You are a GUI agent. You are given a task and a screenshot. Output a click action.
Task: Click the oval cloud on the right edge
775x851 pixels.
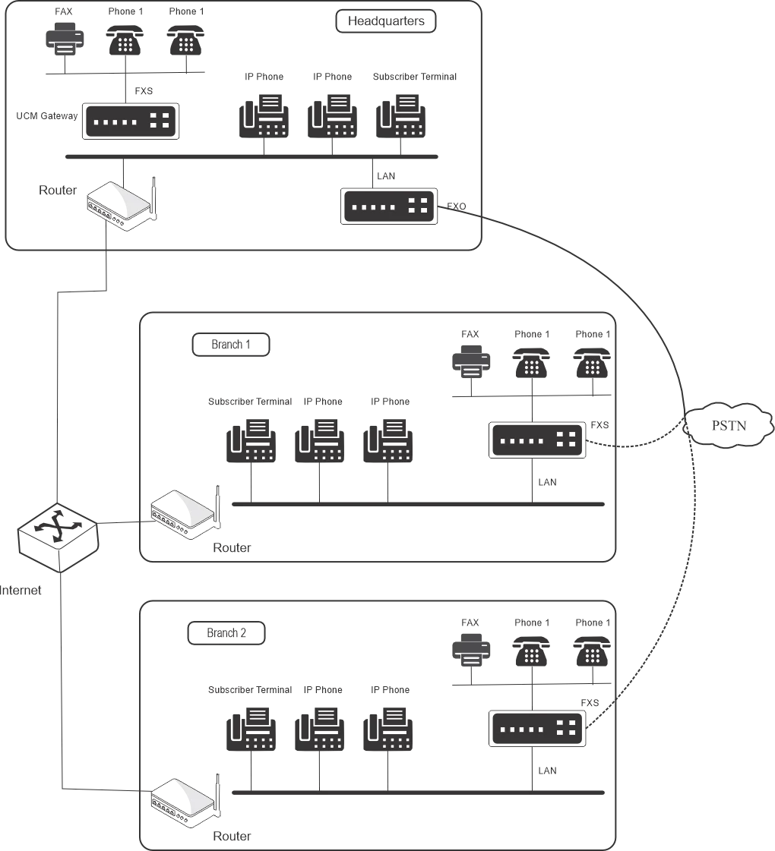point(729,424)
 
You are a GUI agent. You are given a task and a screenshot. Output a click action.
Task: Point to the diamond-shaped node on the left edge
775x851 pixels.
point(57,534)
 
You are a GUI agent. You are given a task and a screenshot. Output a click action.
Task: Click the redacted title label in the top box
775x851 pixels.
point(386,22)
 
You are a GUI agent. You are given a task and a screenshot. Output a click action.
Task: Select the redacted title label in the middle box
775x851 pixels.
point(230,346)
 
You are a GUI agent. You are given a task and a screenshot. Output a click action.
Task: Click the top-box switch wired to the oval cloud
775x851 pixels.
point(388,204)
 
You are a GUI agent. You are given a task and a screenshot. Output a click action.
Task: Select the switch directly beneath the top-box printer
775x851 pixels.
point(131,119)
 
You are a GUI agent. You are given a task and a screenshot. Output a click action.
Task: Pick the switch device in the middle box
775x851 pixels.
point(538,440)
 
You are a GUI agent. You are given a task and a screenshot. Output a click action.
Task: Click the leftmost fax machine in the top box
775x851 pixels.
point(264,115)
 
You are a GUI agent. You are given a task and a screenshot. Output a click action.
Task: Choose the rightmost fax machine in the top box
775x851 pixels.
point(398,115)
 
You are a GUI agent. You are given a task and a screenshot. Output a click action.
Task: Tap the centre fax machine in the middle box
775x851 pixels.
point(319,443)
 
